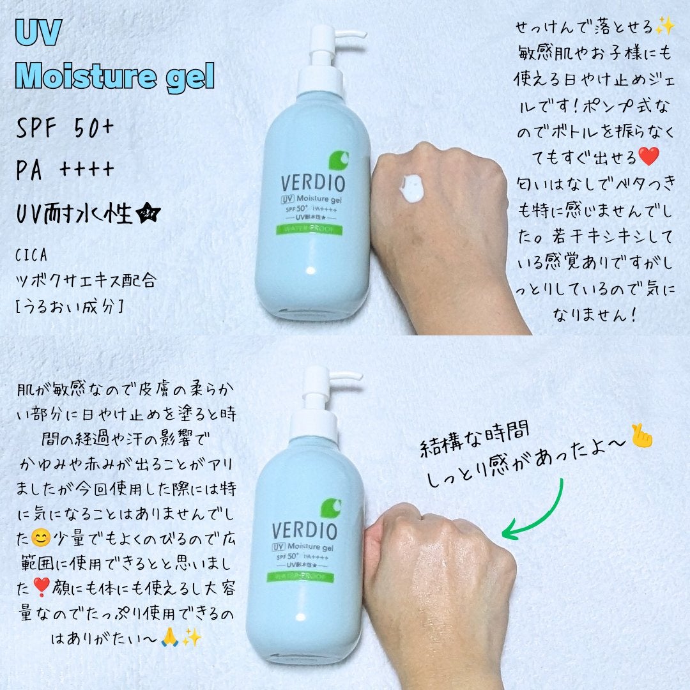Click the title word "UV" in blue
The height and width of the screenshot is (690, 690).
[x=38, y=36]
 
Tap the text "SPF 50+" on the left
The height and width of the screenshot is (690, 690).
[x=65, y=130]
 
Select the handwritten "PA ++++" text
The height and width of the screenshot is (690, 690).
[x=65, y=171]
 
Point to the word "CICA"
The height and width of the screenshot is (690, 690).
[x=32, y=256]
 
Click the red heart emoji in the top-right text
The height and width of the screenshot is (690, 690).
[x=647, y=155]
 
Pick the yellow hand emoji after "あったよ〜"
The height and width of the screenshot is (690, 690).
[x=641, y=437]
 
